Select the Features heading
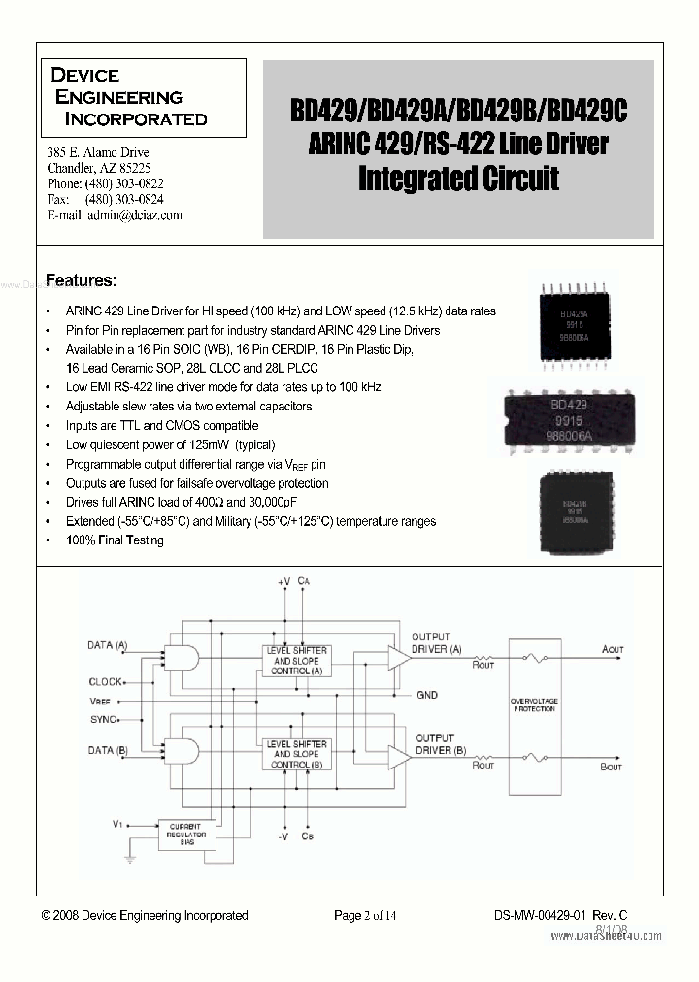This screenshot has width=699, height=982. click(82, 280)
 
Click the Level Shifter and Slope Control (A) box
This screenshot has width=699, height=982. click(296, 660)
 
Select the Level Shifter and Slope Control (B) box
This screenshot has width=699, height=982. click(296, 753)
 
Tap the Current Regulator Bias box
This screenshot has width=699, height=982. click(183, 832)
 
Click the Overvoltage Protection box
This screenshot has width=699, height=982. click(533, 704)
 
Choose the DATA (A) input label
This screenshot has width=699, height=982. click(108, 645)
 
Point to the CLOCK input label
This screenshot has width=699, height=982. click(106, 682)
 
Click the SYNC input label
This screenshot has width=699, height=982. click(102, 719)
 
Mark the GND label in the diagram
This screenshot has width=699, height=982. click(427, 695)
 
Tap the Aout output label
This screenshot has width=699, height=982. click(613, 649)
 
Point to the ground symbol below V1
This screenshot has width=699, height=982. click(126, 858)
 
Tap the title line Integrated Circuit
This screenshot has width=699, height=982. click(458, 180)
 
